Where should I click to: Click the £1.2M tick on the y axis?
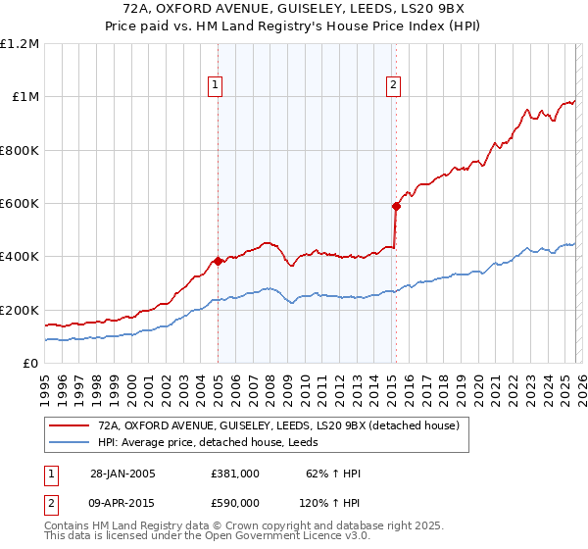(20, 44)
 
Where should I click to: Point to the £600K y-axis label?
(20, 204)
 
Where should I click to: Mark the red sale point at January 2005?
(218, 261)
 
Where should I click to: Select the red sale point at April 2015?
(396, 206)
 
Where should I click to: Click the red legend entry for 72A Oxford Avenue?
(285, 424)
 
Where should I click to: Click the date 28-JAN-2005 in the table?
(122, 474)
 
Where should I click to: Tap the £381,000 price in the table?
(235, 474)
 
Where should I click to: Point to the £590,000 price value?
(235, 503)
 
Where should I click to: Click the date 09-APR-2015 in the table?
(122, 503)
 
